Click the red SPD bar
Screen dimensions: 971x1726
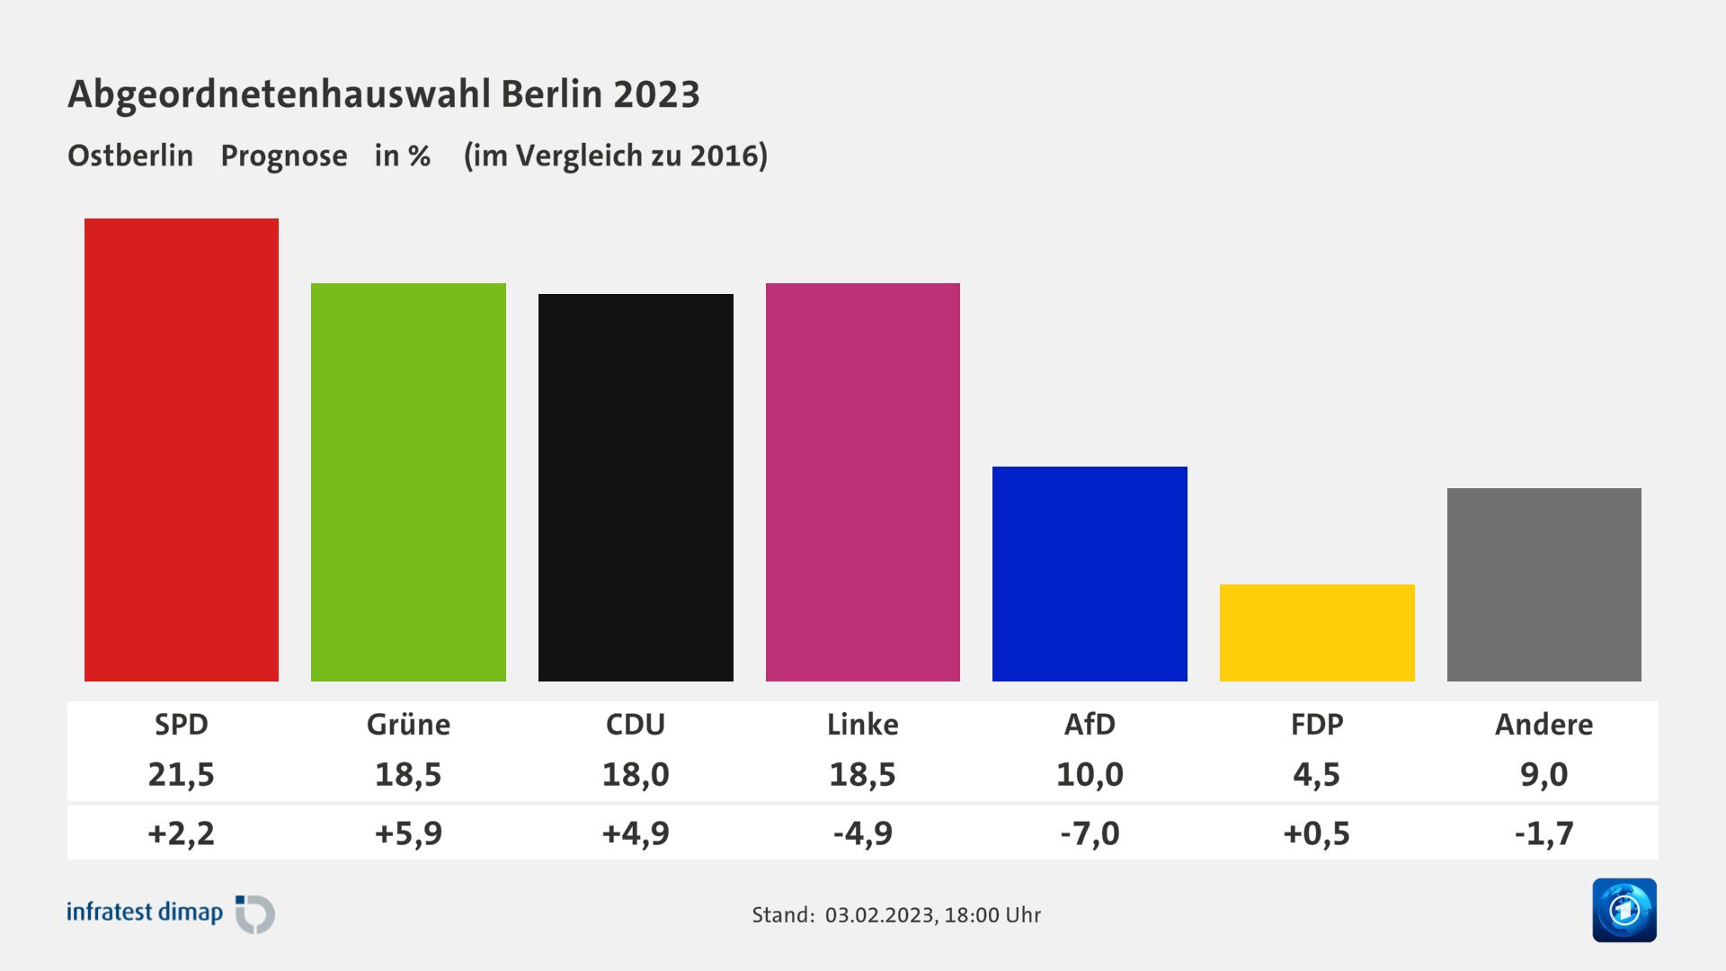tap(182, 450)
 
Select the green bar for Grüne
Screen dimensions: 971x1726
tap(408, 482)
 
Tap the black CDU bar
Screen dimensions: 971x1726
tap(636, 487)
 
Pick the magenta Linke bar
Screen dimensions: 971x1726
tap(863, 482)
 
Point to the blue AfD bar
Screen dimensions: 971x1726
tap(1090, 574)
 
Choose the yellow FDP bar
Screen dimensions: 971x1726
tap(1317, 633)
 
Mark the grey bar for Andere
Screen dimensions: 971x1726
tap(1544, 584)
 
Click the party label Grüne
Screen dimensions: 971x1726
tap(408, 725)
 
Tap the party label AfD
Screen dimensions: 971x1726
tap(1090, 725)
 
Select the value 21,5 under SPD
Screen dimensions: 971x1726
tap(182, 774)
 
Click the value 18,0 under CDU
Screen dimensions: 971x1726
tap(636, 774)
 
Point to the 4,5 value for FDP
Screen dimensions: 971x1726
tap(1317, 774)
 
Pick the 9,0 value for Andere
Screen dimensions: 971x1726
tap(1544, 774)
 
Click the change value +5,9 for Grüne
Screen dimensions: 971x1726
tap(408, 833)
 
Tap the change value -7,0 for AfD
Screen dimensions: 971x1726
tap(1090, 833)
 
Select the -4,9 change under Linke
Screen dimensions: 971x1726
tap(863, 833)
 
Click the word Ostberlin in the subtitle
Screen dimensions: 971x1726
tap(130, 156)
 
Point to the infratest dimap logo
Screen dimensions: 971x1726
tap(171, 913)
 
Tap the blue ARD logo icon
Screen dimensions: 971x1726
tap(1624, 910)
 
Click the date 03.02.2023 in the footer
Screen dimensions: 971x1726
tap(879, 915)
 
